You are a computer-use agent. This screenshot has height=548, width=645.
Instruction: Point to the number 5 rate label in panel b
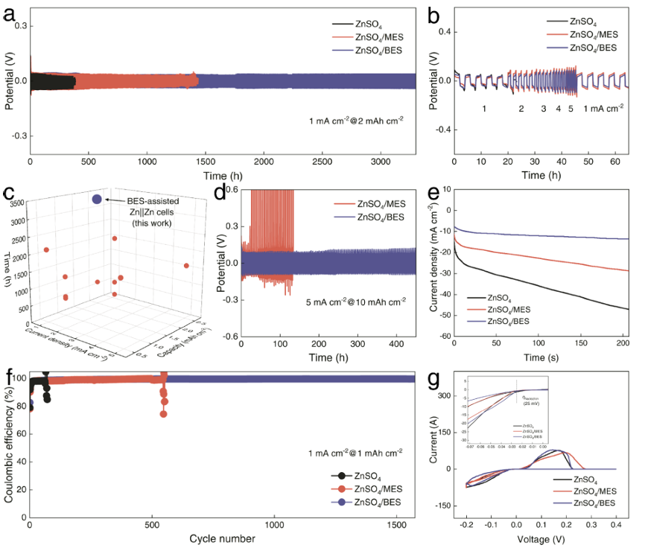point(571,109)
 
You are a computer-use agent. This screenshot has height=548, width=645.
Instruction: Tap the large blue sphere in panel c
point(97,199)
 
